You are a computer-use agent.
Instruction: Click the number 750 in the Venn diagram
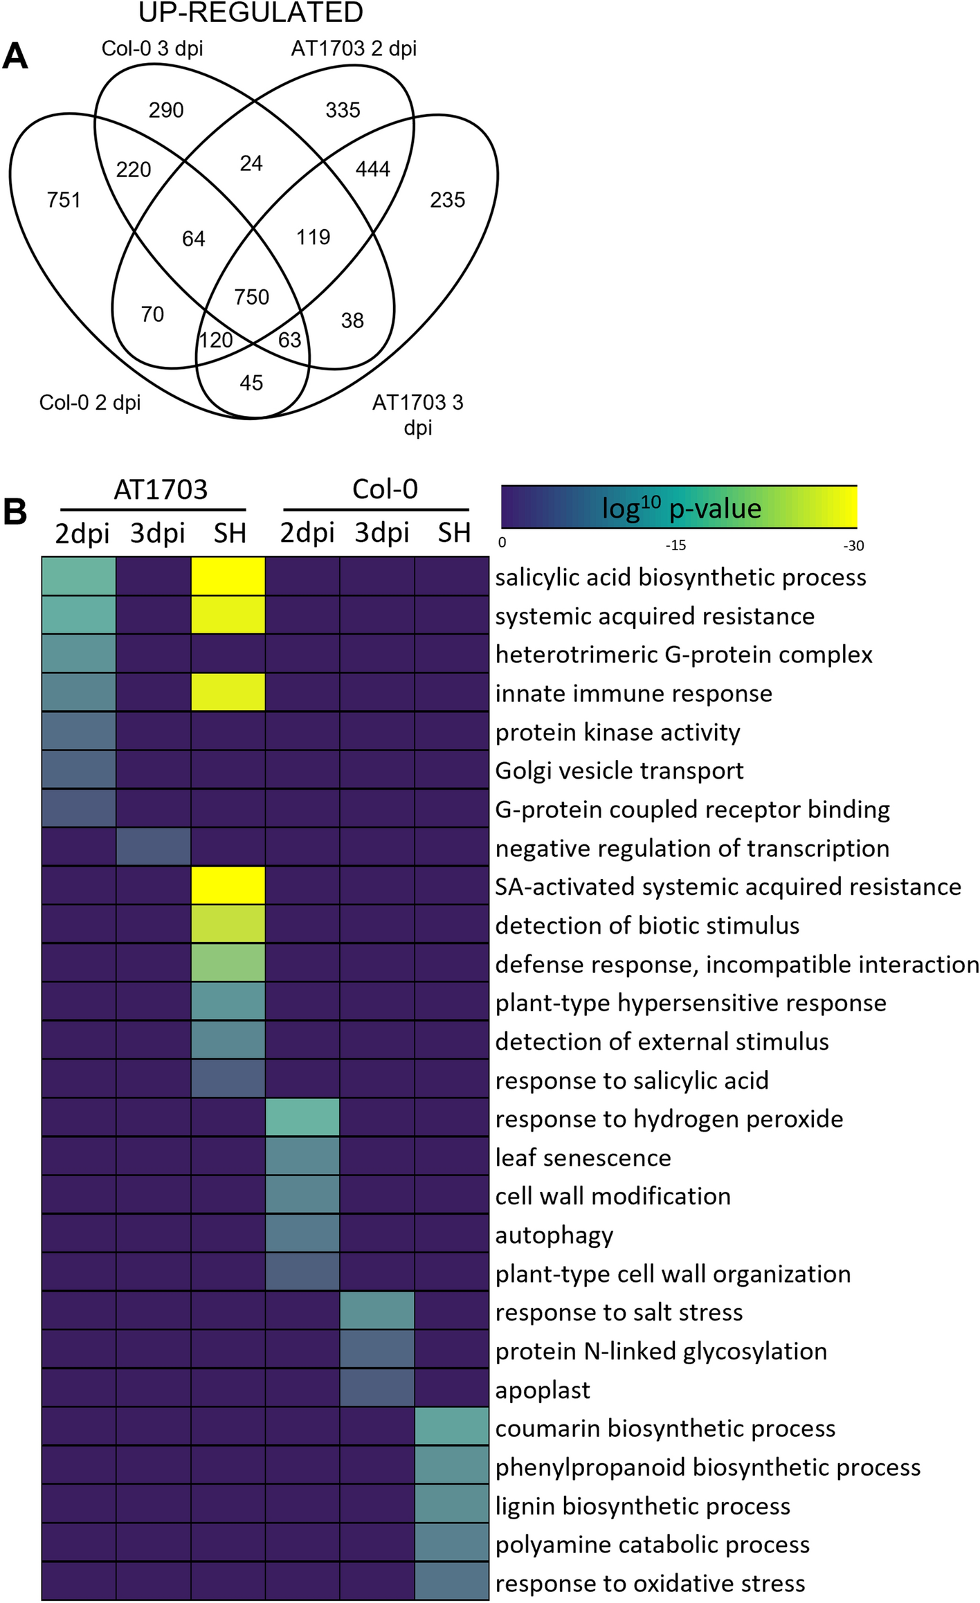tap(251, 297)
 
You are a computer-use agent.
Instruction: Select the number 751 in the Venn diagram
tap(64, 200)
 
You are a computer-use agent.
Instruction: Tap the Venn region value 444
tap(373, 169)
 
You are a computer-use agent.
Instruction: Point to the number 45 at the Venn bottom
tap(251, 383)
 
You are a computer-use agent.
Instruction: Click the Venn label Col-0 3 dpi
tap(152, 48)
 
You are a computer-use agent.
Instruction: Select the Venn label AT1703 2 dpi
tap(354, 48)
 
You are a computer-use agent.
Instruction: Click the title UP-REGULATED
tap(251, 12)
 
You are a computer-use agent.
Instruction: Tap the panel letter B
tap(15, 513)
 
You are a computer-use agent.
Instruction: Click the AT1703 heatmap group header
tap(161, 489)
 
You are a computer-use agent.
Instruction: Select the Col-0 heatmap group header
tap(385, 489)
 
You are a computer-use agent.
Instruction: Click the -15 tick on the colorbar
tap(675, 545)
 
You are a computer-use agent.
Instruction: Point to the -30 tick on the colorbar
tap(853, 545)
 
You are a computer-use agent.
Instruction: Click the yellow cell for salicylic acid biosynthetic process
tap(228, 576)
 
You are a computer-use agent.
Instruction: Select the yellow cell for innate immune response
tap(228, 692)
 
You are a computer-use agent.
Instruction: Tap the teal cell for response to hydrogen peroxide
tap(302, 1118)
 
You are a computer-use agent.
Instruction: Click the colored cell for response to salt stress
tap(377, 1312)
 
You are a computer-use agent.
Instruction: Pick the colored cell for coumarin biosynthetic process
tap(452, 1428)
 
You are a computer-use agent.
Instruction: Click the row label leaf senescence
tap(583, 1157)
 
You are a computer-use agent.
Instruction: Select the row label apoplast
tap(543, 1390)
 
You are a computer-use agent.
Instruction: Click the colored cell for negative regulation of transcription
tap(153, 847)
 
